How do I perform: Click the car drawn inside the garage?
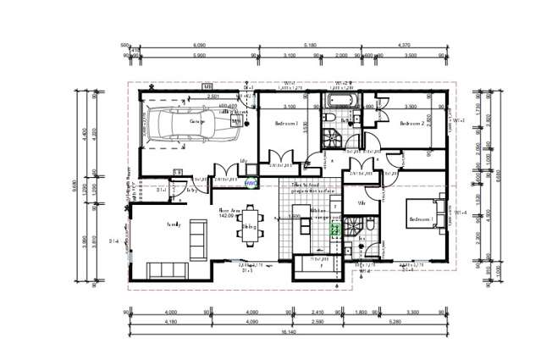(194, 125)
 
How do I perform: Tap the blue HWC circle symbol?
(250, 183)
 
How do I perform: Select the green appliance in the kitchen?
(334, 228)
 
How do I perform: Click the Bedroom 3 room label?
(287, 124)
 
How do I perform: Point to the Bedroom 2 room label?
(411, 124)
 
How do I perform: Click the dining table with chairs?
(250, 227)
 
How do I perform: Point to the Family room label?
(174, 224)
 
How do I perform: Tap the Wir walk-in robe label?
(362, 203)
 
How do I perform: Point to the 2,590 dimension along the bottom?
(317, 323)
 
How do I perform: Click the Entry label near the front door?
(191, 190)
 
